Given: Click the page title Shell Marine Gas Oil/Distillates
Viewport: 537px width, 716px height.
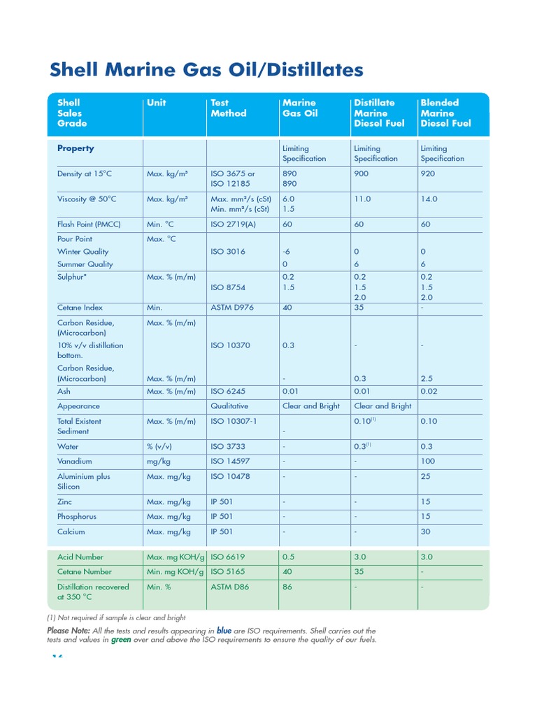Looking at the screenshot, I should [x=207, y=70].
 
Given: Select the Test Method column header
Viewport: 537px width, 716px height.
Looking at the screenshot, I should [x=228, y=108].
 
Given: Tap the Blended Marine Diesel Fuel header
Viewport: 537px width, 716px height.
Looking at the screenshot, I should [x=445, y=113].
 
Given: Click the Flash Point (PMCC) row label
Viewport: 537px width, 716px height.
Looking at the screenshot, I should [x=89, y=224].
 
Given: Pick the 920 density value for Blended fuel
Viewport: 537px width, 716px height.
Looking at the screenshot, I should [x=428, y=173].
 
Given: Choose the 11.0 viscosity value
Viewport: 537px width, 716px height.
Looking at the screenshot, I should [x=362, y=199].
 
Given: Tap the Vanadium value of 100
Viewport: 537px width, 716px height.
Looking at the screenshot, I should [x=428, y=461].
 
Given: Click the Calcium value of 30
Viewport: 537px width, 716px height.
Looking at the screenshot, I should [x=426, y=531].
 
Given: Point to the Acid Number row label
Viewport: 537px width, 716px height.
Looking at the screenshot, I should [x=80, y=557].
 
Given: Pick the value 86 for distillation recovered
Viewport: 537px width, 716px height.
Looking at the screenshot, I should [x=287, y=587].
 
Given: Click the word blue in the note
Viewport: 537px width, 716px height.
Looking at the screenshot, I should [x=224, y=630].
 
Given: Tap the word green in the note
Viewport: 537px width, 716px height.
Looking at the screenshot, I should [x=121, y=640].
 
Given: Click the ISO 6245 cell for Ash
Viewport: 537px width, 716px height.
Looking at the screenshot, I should [x=228, y=392].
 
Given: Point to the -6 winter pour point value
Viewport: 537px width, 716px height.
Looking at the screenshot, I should [x=286, y=251].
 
